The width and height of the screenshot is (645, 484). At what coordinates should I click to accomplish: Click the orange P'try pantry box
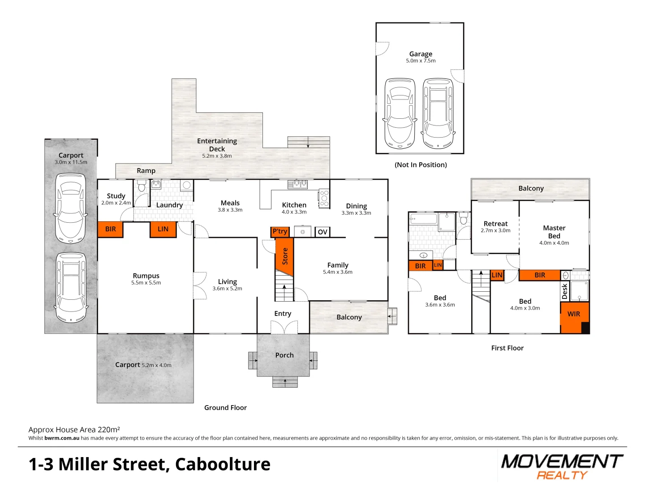pyautogui.click(x=280, y=232)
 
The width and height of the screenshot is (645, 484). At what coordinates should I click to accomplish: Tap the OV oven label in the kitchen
pyautogui.click(x=322, y=232)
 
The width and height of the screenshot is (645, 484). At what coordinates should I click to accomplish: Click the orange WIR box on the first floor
pyautogui.click(x=573, y=314)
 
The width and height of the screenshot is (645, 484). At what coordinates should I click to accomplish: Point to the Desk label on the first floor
pyautogui.click(x=564, y=291)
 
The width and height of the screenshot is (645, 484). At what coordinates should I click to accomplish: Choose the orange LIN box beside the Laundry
pyautogui.click(x=163, y=229)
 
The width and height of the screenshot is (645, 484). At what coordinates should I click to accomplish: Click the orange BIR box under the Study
pyautogui.click(x=110, y=229)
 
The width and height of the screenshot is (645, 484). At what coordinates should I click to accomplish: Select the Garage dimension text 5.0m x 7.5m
pyautogui.click(x=421, y=61)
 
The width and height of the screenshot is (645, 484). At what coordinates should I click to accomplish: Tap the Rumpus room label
pyautogui.click(x=146, y=276)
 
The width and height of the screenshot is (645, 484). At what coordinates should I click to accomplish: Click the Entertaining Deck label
pyautogui.click(x=217, y=145)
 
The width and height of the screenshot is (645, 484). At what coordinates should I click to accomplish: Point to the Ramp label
pyautogui.click(x=146, y=171)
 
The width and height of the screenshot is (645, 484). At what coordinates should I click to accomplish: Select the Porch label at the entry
pyautogui.click(x=284, y=355)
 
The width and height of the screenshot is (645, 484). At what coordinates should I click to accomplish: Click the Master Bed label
pyautogui.click(x=554, y=232)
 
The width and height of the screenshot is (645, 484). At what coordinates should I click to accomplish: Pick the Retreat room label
pyautogui.click(x=495, y=224)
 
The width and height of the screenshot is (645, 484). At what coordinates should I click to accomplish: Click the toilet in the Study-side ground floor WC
pyautogui.click(x=142, y=186)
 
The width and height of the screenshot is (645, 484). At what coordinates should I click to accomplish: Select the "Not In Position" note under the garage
pyautogui.click(x=421, y=165)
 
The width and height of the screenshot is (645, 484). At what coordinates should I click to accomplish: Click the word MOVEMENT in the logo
pyautogui.click(x=562, y=462)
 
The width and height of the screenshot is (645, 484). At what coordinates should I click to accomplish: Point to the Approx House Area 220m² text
pyautogui.click(x=74, y=430)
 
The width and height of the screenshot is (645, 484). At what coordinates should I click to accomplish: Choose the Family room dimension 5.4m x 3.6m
pyautogui.click(x=338, y=272)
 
